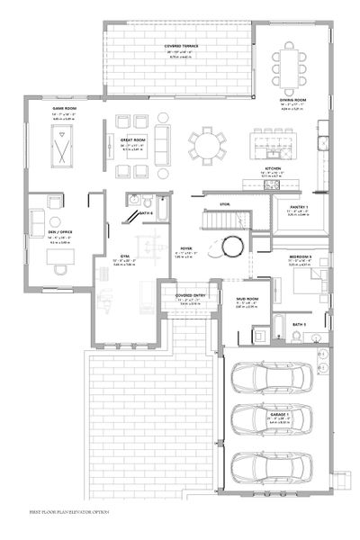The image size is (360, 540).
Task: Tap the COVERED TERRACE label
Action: (x=181, y=44)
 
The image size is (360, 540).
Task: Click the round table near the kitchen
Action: (x=209, y=142)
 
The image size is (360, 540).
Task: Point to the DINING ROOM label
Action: (x=292, y=100)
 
